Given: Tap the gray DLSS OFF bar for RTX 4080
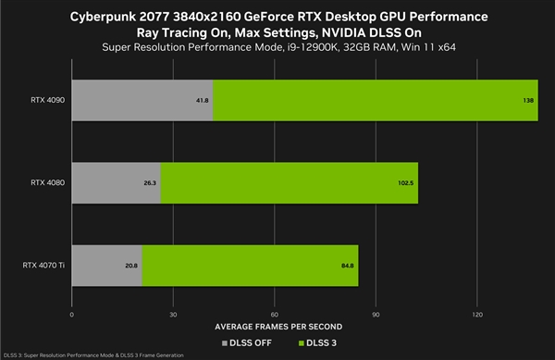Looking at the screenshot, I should pos(116,183).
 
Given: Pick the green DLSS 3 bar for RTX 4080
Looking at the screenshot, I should pos(289,183).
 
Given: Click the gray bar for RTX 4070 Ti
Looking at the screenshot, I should pos(106,267).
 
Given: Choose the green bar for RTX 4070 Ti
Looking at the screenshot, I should pos(250,267).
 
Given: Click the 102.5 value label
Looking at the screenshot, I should pos(407,183).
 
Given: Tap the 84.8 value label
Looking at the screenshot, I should pos(348,267).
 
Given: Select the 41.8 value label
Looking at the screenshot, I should pos(202,100).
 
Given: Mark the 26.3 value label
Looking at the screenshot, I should pos(150,183).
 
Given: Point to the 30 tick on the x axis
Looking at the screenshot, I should pos(173,315).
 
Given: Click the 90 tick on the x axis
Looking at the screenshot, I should pos(376,315).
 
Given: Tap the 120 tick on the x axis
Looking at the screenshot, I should pos(476,315).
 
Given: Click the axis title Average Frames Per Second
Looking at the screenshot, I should pos(275,327).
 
